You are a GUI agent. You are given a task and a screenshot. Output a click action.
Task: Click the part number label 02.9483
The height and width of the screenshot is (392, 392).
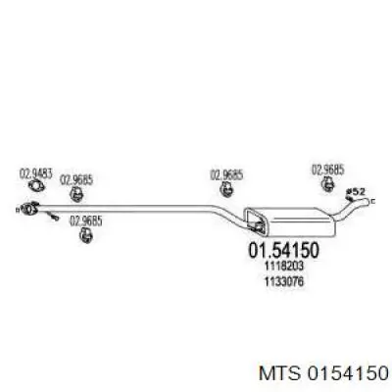[36, 173]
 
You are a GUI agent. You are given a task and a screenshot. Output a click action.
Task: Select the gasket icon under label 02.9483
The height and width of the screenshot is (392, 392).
[36, 186]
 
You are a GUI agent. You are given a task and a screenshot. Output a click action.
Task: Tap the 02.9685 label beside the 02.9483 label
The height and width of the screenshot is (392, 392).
[76, 180]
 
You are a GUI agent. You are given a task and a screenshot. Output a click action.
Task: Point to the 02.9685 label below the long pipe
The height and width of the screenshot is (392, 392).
[86, 221]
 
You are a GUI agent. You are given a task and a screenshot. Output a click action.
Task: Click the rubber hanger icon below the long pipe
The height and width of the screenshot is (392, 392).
[86, 235]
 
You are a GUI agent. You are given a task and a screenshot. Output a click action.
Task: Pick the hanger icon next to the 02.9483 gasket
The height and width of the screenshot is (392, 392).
[76, 194]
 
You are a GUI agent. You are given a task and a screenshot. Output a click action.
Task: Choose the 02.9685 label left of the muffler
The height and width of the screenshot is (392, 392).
[226, 175]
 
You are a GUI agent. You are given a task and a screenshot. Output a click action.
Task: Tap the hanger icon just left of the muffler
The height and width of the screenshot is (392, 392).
[225, 189]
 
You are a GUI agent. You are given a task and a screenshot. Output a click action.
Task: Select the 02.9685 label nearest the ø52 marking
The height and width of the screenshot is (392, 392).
[328, 171]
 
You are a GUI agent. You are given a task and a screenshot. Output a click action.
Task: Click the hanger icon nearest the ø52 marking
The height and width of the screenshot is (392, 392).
[327, 183]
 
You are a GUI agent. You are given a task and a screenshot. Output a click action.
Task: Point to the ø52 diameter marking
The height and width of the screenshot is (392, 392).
[356, 192]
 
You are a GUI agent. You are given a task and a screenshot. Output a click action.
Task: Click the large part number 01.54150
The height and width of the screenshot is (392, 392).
[283, 251]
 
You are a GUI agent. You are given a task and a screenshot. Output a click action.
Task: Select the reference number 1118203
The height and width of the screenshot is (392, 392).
[283, 267]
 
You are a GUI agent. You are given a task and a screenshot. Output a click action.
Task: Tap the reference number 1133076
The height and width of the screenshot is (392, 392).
[283, 281]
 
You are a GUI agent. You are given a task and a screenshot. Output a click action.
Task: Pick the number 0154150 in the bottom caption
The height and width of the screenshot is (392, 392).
[347, 372]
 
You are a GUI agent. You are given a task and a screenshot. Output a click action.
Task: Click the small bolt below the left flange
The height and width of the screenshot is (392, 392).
[52, 216]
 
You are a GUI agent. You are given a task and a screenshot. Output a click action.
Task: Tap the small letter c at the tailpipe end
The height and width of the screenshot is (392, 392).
[373, 202]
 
